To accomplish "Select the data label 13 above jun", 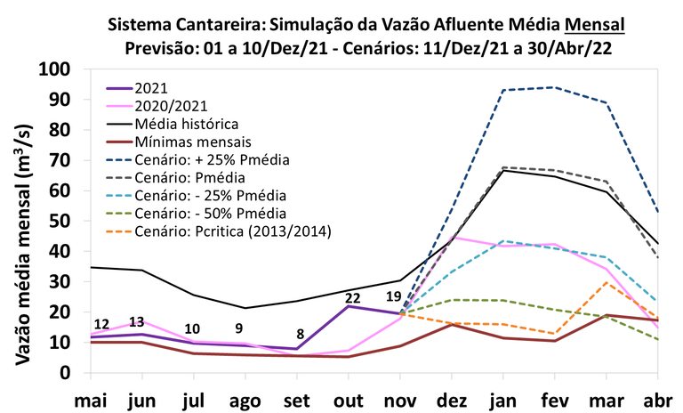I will [x=137, y=322].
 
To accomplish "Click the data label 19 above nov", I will [x=395, y=297].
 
